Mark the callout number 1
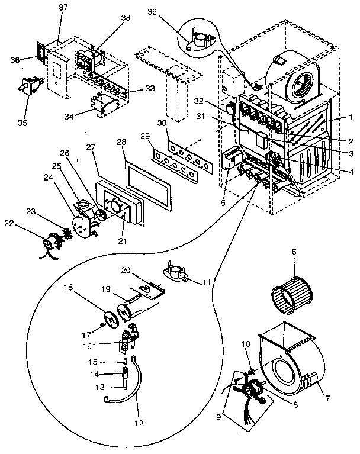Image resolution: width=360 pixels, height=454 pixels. [x=351, y=118]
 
